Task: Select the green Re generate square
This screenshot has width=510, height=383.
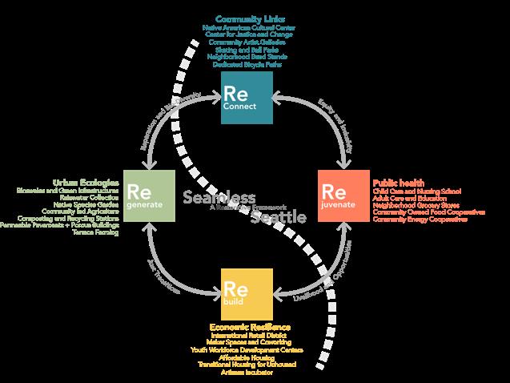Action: coord(149,196)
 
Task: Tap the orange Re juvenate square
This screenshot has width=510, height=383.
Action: coord(343,196)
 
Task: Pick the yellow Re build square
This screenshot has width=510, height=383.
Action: coord(247,293)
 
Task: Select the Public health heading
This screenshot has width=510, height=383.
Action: coord(399,183)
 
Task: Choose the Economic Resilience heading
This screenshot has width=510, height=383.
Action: coord(250,327)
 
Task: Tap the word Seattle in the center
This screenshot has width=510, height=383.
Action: coord(279,216)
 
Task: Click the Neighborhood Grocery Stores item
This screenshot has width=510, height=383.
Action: coord(411,204)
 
